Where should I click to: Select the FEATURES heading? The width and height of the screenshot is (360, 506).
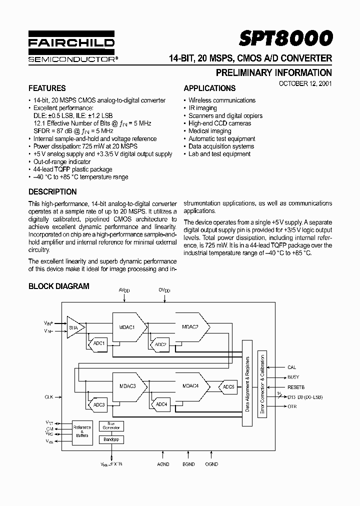[47, 88]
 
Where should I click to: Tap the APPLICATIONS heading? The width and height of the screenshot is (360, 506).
[209, 88]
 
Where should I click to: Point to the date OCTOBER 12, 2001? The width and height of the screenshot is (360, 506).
[305, 83]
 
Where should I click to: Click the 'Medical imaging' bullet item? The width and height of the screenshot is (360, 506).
[209, 131]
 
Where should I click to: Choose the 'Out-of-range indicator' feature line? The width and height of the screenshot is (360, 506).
[62, 161]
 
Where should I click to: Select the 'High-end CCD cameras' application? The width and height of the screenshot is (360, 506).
[219, 123]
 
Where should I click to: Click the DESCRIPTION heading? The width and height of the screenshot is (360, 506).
[52, 191]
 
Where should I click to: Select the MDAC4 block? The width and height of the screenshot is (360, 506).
[190, 385]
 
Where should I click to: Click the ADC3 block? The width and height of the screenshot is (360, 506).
[99, 404]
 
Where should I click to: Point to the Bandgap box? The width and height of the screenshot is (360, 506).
[111, 439]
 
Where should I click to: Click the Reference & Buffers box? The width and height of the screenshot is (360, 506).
[82, 431]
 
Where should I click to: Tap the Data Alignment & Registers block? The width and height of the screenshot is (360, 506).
[247, 383]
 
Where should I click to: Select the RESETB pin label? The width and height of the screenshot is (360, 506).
[295, 387]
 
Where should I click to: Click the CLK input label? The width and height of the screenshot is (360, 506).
[48, 396]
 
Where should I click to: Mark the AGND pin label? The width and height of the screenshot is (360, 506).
[163, 464]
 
